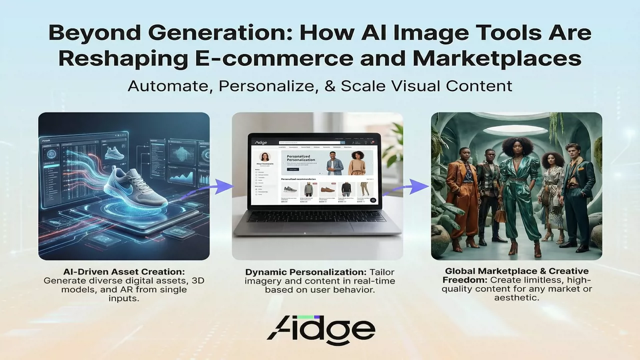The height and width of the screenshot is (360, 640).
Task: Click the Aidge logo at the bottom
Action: pos(320,328)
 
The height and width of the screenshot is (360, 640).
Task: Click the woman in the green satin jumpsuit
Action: pos(518,190)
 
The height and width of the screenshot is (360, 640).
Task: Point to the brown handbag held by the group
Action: pos(499,215)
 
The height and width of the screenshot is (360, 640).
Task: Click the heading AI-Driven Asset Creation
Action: pos(124,271)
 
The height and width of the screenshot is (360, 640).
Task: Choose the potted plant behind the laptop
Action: pos(393,145)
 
